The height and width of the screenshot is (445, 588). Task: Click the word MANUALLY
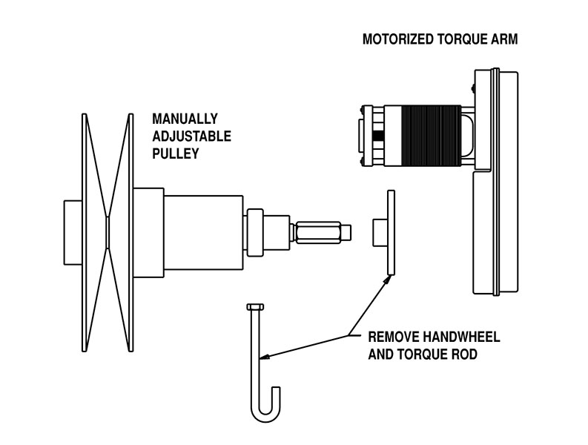coord(185,119)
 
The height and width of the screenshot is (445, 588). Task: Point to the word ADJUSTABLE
coord(191,136)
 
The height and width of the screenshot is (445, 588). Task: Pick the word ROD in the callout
coord(463,355)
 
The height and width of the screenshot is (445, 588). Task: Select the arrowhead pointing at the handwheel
coord(386,278)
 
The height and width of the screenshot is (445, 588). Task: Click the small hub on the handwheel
coord(378,231)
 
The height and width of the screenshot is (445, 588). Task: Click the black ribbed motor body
coord(430,136)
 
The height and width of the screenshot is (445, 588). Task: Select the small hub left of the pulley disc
coord(73,231)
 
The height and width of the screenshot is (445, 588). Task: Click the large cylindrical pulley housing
coord(202,231)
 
